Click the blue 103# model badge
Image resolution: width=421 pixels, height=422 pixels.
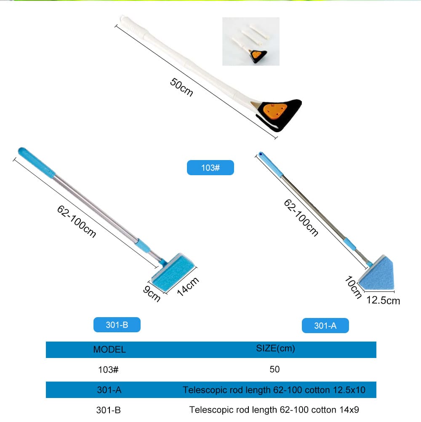210,168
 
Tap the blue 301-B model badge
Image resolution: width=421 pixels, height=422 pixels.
117,325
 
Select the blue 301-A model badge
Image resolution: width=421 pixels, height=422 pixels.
325,326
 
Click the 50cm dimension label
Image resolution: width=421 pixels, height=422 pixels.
181,87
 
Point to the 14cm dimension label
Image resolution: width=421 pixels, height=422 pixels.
188,286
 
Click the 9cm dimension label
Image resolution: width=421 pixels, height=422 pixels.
152,294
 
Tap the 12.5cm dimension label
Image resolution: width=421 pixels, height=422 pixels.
383,300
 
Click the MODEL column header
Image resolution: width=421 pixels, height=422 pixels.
109,349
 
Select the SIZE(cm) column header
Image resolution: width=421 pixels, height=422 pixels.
275,349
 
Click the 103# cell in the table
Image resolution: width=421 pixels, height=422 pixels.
108,369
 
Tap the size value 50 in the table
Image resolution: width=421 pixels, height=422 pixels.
274,369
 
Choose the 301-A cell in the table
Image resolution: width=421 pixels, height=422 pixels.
109,390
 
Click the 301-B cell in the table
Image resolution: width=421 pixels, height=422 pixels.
109,410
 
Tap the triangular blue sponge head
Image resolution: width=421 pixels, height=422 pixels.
377,273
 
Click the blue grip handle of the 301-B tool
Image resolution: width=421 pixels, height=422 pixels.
37,162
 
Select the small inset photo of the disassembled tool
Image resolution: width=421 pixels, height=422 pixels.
251,41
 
